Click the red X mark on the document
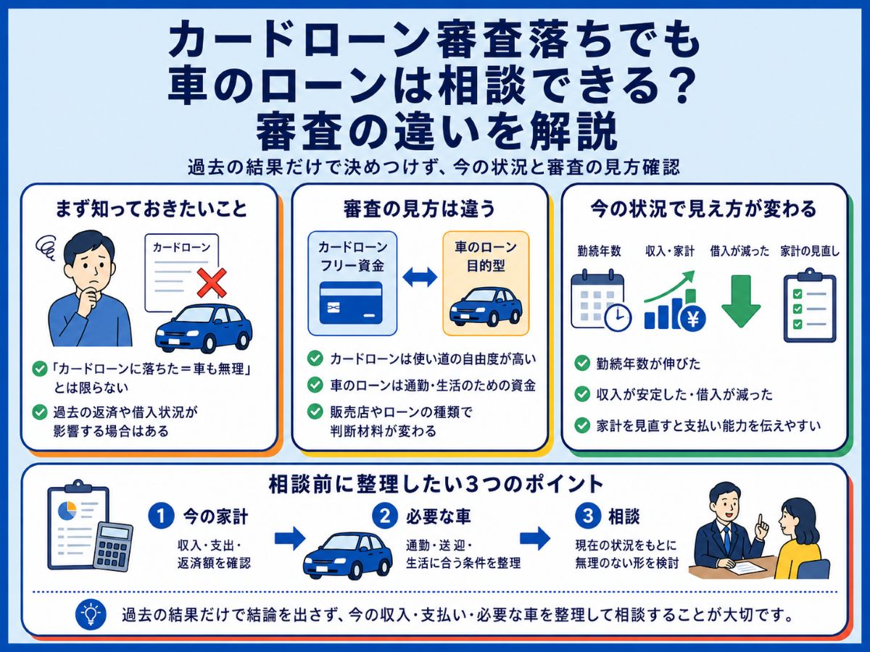(x=212, y=283)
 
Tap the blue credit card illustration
(x=351, y=302)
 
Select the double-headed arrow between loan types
(x=420, y=277)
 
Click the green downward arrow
(x=741, y=301)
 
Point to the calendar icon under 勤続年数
(x=600, y=300)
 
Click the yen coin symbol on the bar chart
(x=693, y=318)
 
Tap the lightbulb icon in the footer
(x=91, y=615)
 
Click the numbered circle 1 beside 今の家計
(x=162, y=517)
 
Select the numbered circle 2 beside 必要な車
(x=385, y=517)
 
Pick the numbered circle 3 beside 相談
(x=588, y=517)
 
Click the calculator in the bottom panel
(x=113, y=547)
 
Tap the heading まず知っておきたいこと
(x=151, y=209)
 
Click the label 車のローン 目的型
(x=486, y=256)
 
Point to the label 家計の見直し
(x=810, y=251)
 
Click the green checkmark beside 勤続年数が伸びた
(x=582, y=363)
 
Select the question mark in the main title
(x=682, y=85)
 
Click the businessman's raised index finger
(x=760, y=521)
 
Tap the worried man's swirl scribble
(x=47, y=246)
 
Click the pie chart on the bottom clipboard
(x=67, y=511)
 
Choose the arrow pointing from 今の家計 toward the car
(x=290, y=538)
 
